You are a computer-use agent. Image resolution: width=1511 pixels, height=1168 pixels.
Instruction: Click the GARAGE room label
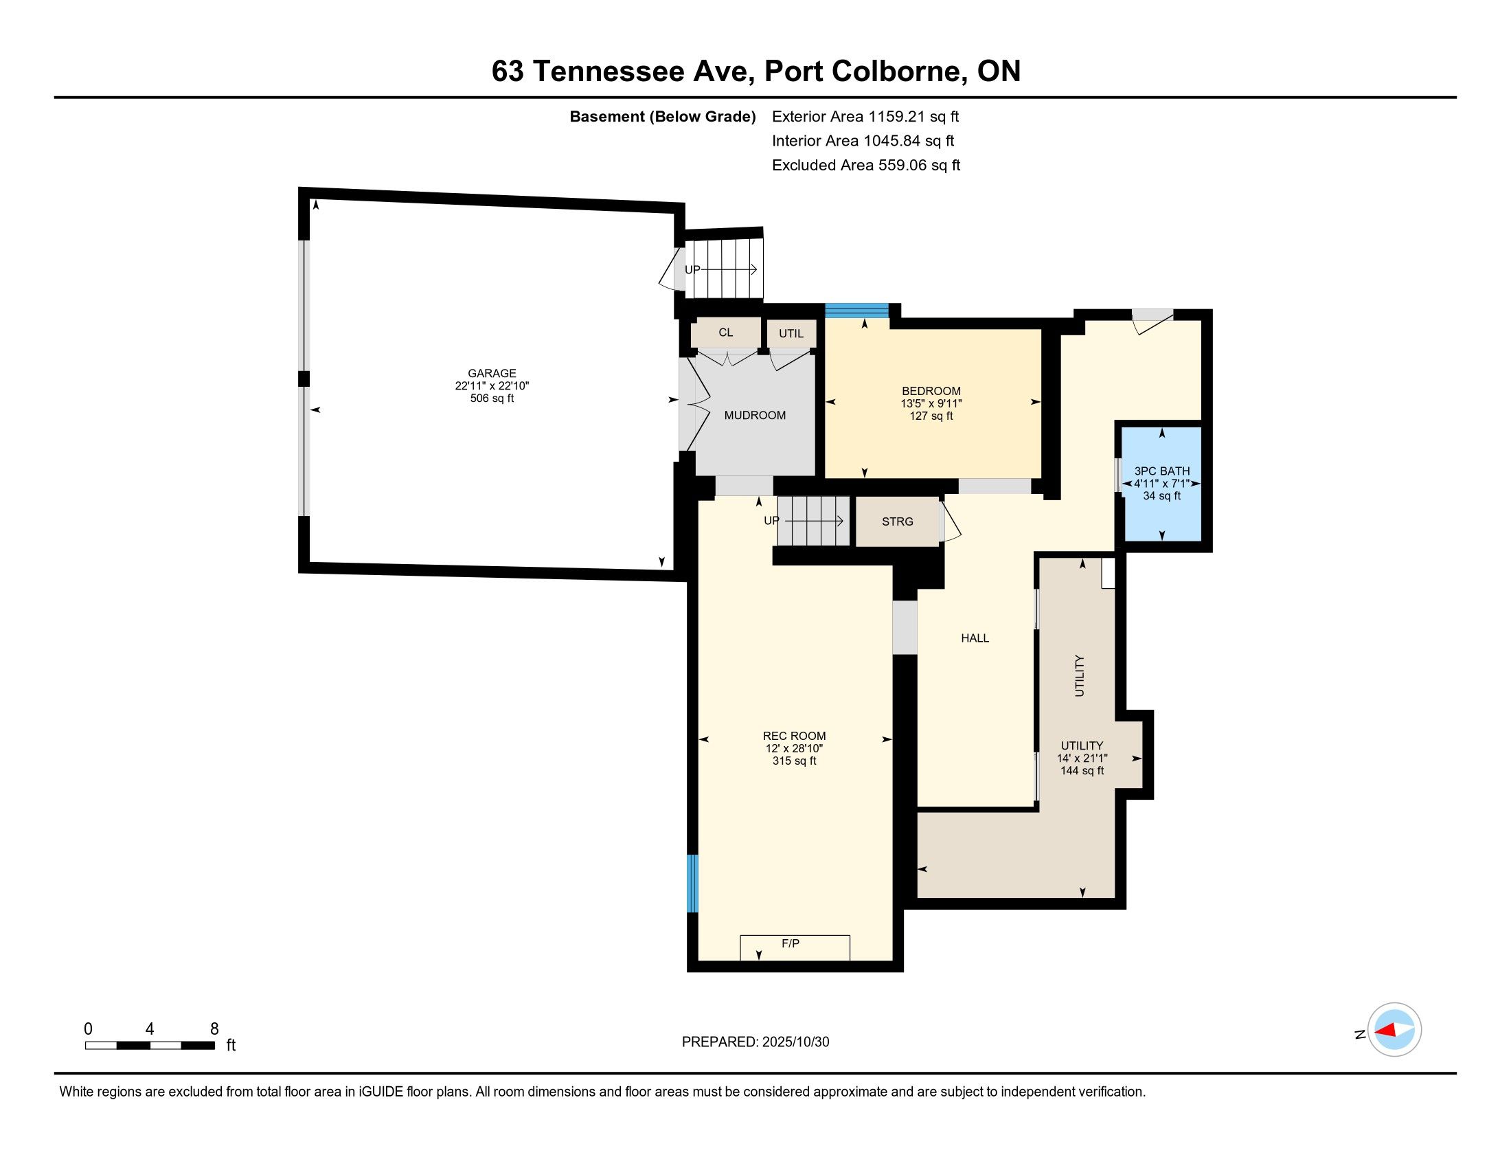(492, 373)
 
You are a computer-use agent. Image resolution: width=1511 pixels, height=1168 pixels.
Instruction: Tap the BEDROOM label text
(931, 391)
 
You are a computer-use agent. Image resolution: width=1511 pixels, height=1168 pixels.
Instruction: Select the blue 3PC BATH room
(1161, 484)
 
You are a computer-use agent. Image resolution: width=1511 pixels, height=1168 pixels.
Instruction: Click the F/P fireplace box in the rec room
(795, 947)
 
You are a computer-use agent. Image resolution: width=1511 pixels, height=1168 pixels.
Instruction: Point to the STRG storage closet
(898, 521)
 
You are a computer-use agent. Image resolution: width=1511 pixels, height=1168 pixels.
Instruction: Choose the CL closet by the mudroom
(726, 332)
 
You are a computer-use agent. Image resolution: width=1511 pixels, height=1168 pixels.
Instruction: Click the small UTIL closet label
(791, 333)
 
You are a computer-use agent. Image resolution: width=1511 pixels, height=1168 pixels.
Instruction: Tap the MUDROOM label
(755, 415)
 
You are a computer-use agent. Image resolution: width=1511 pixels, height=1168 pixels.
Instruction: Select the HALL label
(975, 638)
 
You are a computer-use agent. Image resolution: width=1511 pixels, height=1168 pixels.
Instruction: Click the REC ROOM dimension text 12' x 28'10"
(794, 749)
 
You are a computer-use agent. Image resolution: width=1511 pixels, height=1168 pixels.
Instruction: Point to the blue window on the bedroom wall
(857, 311)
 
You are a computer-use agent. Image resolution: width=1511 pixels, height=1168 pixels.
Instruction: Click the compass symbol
(1394, 1029)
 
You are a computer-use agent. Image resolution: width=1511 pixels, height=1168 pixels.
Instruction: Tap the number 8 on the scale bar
(214, 1029)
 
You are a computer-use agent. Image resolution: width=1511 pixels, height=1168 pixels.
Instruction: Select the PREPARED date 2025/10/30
(795, 1042)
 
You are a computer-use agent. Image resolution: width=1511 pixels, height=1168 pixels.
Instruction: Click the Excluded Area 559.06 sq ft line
(866, 165)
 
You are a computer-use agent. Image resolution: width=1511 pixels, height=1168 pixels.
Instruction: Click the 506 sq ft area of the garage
(492, 398)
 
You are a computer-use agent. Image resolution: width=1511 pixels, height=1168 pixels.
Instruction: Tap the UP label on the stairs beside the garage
(692, 270)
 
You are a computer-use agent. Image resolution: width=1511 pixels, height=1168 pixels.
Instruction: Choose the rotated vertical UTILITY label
(1079, 676)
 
